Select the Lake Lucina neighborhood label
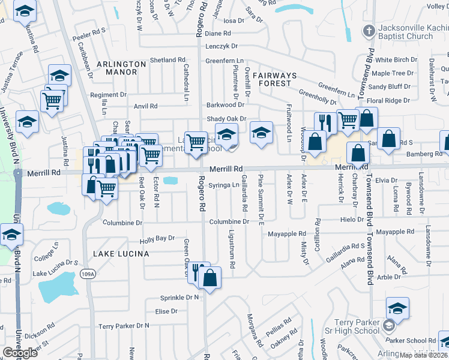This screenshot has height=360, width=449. coord(121,254)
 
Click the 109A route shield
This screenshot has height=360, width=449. coord(86,274)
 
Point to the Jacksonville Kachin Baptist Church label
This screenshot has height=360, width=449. coord(405,32)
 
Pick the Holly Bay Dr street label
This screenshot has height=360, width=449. coord(157,239)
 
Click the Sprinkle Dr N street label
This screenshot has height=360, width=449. coord(179,298)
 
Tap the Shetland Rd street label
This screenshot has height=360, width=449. coord(167,60)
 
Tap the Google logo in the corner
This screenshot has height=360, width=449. coord(20,352)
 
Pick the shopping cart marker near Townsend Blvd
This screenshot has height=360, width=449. coord(348,119)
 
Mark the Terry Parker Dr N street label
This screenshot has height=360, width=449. coord(124,326)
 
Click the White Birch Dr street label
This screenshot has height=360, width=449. coord(396,60)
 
